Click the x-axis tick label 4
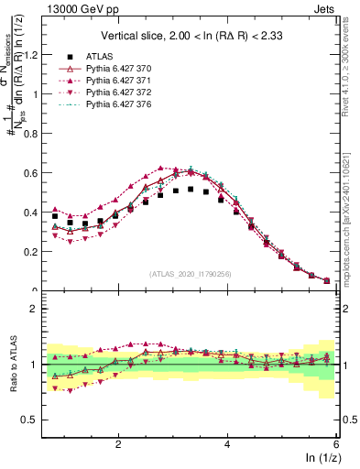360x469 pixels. pos(227,442)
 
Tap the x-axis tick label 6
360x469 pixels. pos(336,442)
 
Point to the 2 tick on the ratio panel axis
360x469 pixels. pos(37,309)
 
